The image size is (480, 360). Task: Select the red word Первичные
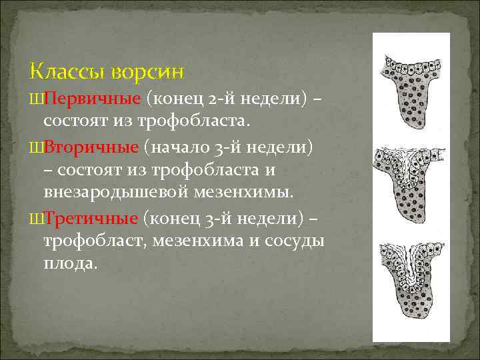pos(93,99)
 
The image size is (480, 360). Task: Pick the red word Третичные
pos(92,217)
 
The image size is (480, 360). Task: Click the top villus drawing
pos(411,91)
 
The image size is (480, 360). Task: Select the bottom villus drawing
pos(411,281)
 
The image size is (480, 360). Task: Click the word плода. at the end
pos(70,264)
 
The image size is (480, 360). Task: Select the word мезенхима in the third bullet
pos(195,241)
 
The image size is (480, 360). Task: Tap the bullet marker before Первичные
pos(36,100)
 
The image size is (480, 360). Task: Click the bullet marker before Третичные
pos(36,218)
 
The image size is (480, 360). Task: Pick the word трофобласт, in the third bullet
pos(95,241)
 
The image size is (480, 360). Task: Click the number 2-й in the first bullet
pos(223,99)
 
